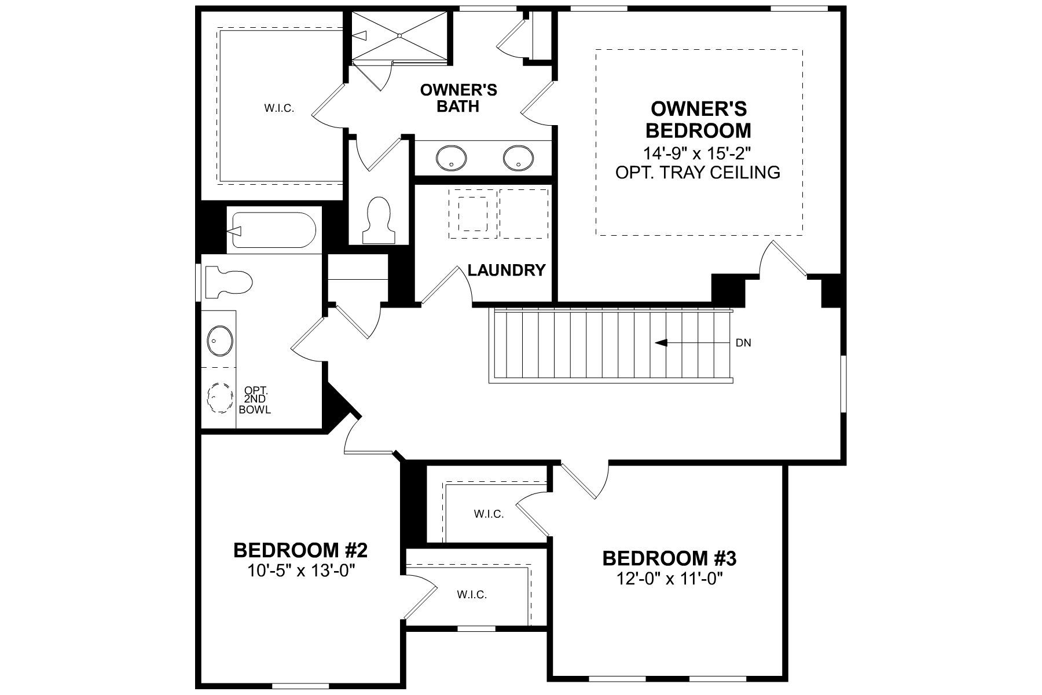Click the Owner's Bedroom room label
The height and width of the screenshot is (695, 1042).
(698, 119)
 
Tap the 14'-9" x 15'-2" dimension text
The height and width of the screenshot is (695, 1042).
(698, 153)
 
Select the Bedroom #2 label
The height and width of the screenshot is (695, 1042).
(300, 550)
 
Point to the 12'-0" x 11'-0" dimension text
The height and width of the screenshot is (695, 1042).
(669, 578)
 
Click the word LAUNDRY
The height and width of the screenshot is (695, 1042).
(507, 270)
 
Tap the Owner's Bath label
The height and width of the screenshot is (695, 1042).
(458, 98)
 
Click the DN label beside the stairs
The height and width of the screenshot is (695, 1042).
(743, 343)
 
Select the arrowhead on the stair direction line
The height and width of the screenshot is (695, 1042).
(661, 343)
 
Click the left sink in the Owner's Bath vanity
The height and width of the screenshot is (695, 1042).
(451, 158)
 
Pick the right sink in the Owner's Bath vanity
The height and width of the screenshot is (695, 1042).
(518, 158)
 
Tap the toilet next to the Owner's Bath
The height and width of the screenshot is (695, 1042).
(379, 221)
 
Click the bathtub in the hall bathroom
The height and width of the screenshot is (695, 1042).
(273, 231)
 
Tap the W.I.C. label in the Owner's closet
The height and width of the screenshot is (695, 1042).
(280, 108)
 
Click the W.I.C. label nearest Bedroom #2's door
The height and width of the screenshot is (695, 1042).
(472, 594)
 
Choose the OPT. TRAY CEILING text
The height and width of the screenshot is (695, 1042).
(698, 172)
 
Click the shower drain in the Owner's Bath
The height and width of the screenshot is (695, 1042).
(399, 35)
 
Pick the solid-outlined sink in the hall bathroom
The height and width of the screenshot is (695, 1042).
(220, 341)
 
